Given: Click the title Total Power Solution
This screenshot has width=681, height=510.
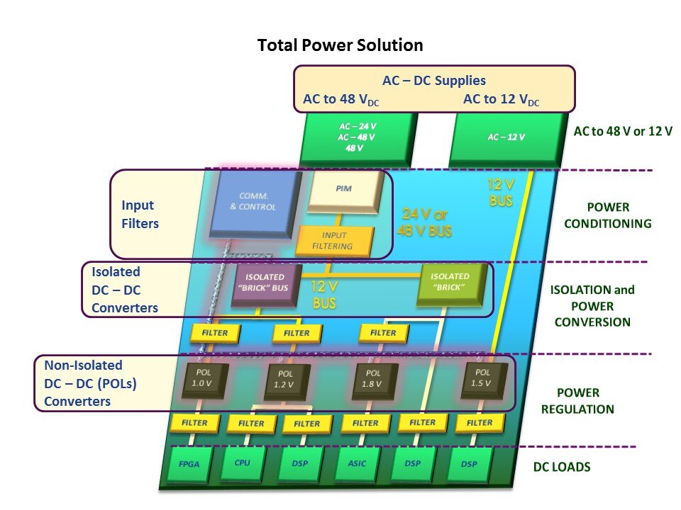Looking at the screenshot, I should pos(340,46).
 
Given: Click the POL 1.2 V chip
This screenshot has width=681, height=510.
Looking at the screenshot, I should pos(287,382).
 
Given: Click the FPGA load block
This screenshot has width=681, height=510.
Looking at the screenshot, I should pos(189,465).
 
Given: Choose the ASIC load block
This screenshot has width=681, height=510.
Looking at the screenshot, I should pos(357,465).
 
